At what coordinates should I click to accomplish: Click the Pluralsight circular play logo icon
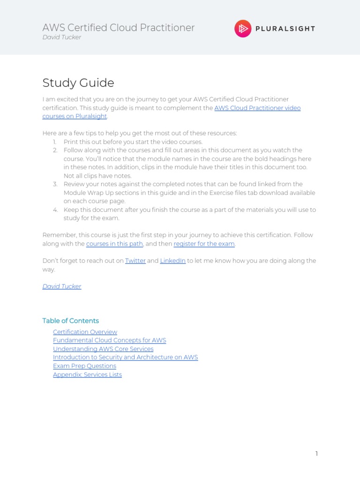coord(243,29)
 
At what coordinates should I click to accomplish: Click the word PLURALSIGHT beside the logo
coord(285,29)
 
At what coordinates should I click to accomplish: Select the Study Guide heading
coord(78,83)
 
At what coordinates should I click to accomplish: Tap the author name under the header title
coord(61,37)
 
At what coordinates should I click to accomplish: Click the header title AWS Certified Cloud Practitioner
coord(118,28)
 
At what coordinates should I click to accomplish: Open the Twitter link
coord(135,261)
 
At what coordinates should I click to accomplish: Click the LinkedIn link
coord(173,261)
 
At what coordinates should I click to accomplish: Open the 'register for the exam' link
coord(204,244)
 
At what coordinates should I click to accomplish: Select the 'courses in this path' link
coord(114,244)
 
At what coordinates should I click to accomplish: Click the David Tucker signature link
coord(62,286)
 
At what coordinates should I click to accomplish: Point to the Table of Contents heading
coord(70,321)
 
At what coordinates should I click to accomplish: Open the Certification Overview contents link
coord(85,332)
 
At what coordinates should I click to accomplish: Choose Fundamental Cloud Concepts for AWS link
coord(109,340)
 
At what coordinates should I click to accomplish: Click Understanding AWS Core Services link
coord(103,349)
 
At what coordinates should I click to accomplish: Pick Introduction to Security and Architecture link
coord(125,357)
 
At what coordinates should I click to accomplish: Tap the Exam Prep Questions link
coord(84,366)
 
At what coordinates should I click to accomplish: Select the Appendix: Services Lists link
coord(87,375)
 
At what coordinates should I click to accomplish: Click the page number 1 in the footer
coord(316,453)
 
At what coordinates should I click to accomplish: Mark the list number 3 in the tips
coord(55,184)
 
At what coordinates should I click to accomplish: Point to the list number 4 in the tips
coord(55,210)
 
